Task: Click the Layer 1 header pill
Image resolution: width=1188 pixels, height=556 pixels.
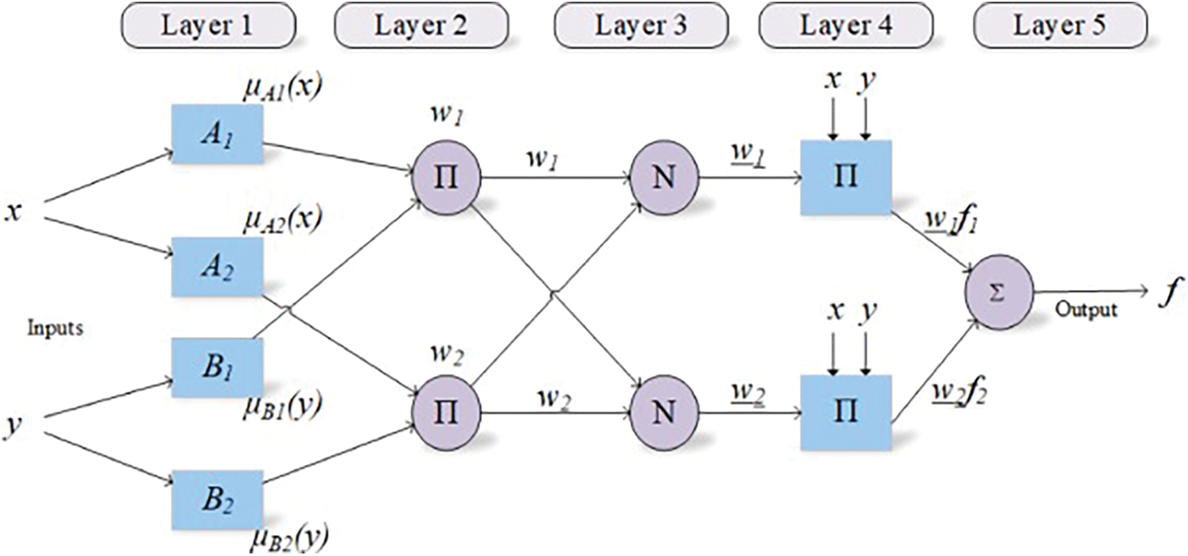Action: pos(209,25)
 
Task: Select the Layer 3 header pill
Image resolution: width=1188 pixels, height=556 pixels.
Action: pos(641,25)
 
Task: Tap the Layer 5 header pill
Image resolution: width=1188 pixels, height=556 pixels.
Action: pos(1060,25)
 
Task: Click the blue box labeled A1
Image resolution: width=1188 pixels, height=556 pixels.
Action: pos(217,134)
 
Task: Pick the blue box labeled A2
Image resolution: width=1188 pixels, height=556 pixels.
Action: pos(217,266)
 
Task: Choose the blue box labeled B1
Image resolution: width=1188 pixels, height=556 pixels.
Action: pos(217,368)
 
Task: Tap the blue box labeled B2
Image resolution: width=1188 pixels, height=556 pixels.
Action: pos(217,500)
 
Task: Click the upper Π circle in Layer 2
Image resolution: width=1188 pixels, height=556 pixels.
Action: pos(446,177)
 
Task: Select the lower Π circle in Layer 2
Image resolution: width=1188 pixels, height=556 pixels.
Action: pos(446,412)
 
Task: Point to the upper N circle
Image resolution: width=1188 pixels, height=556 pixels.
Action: pos(664,177)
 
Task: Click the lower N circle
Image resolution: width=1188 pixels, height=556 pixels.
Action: pos(664,412)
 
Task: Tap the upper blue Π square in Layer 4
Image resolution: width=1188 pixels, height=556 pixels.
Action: pos(846,177)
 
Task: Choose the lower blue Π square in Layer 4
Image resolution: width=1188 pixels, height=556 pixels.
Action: pos(846,412)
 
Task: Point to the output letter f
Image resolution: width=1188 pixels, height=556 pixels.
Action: pos(1171,293)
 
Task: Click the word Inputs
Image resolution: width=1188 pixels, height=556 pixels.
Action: pos(56,329)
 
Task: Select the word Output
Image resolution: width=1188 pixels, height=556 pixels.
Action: pos(1087,309)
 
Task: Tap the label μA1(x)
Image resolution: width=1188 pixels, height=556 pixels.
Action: pos(282,87)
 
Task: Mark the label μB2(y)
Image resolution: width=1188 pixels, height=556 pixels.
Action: pos(289,538)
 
